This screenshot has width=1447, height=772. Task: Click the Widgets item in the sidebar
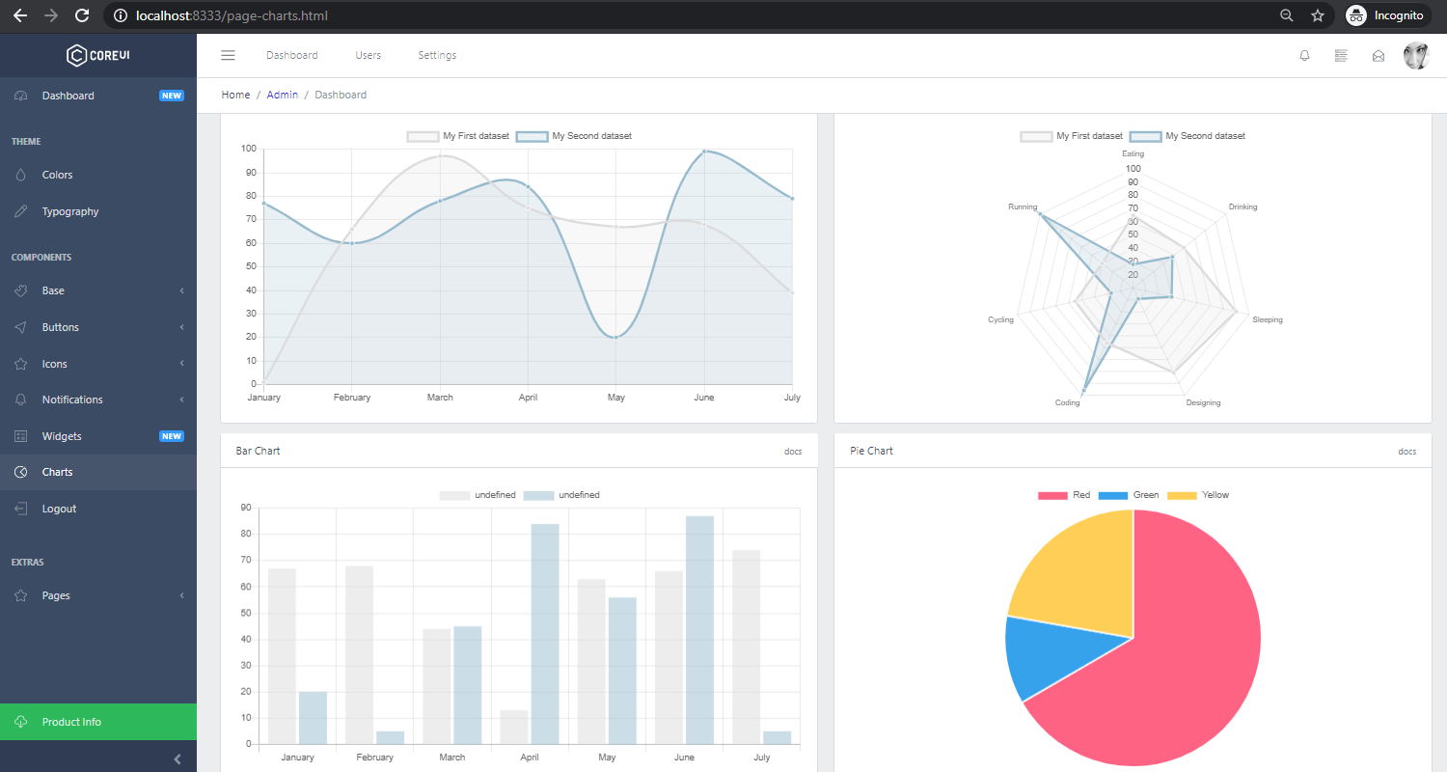coord(62,436)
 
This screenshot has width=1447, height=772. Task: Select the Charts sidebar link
coord(57,472)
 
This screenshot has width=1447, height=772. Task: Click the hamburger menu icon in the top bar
coord(229,55)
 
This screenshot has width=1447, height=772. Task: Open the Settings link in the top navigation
coord(437,55)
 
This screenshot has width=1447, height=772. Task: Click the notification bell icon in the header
coord(1304,56)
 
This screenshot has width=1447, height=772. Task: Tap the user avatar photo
coord(1415,56)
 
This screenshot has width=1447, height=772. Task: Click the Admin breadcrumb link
coord(283,95)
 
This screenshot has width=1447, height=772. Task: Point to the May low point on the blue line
coord(615,337)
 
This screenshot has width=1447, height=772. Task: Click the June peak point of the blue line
coord(704,152)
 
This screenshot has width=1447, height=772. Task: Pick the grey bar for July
coord(746,647)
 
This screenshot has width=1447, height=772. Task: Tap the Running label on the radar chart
coord(1023,207)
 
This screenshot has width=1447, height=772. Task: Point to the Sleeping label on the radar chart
coord(1267,319)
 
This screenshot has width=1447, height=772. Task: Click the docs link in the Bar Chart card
coord(792,452)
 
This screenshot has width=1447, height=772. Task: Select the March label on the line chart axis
coord(440,398)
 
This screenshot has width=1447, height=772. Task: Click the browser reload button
coord(82,15)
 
